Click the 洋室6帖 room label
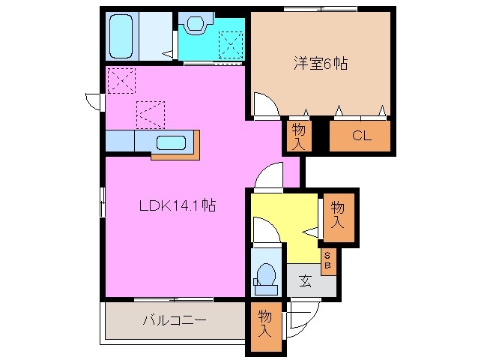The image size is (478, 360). click(x=320, y=64)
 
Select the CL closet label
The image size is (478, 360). click(x=360, y=136)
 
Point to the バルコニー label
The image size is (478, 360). click(x=175, y=321)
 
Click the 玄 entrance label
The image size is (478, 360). click(x=306, y=282)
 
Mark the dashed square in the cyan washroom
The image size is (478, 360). click(x=230, y=45)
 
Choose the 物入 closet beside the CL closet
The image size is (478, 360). click(x=297, y=136)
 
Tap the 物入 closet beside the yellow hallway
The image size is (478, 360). click(x=337, y=215)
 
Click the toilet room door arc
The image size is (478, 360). click(x=265, y=231)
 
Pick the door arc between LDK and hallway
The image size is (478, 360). click(x=267, y=178)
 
